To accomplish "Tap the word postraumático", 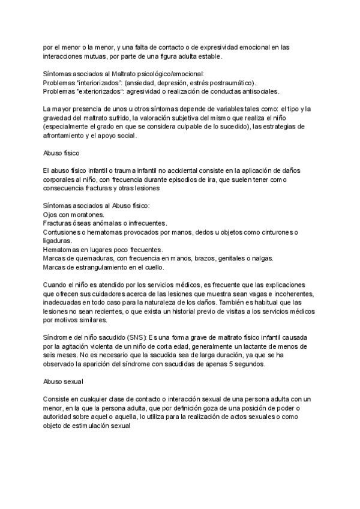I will (x=229, y=83).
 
